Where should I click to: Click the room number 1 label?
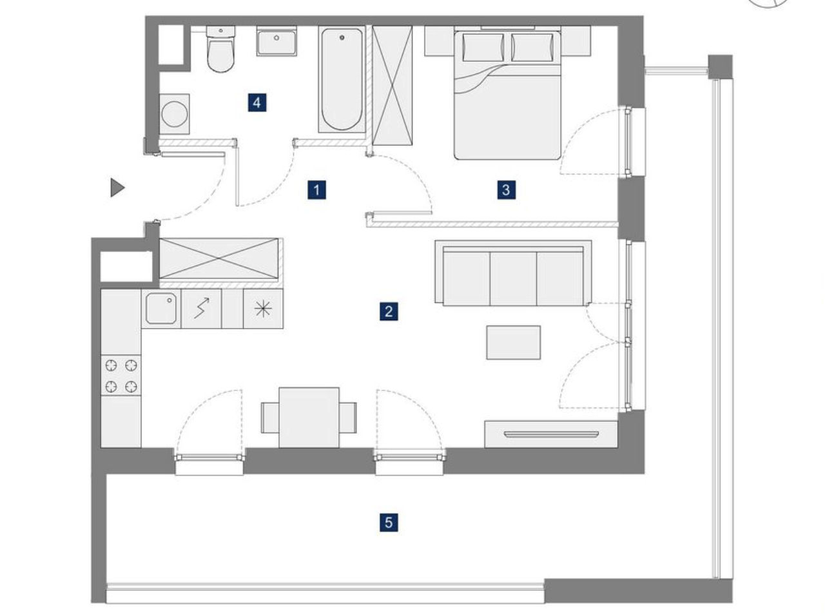(316, 190)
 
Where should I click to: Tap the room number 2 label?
(389, 311)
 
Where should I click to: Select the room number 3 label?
(506, 189)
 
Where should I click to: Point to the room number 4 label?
(257, 102)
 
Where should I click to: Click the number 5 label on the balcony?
(389, 523)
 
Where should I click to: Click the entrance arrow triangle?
(117, 188)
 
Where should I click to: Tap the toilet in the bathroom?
(220, 49)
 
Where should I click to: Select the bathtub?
(342, 79)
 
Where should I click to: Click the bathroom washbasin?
(277, 41)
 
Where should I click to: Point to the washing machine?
(175, 114)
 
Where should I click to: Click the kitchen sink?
(161, 309)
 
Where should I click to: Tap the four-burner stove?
(121, 376)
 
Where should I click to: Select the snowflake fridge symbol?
(263, 309)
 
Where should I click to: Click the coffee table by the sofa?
(514, 343)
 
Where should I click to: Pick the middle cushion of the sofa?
(514, 279)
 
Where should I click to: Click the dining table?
(309, 418)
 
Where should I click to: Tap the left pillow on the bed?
(483, 47)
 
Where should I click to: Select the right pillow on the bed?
(532, 47)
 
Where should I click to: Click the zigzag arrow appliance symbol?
(202, 309)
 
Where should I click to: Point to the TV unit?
(551, 434)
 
